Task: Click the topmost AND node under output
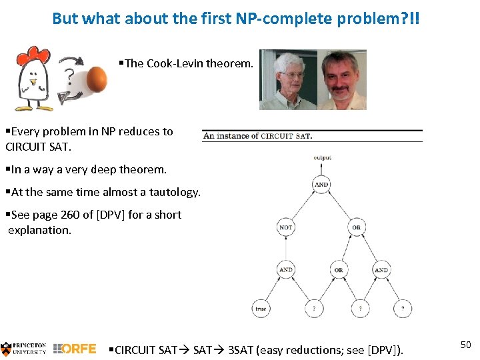321,185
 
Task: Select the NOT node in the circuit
285,227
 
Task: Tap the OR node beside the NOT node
356,227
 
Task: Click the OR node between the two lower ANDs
339,270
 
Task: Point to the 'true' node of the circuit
261,309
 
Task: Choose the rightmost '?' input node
402,309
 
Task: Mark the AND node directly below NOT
285,270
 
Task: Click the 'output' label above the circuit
321,158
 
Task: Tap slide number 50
465,344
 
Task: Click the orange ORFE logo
75,349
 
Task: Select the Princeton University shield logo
6,348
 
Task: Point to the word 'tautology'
174,192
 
